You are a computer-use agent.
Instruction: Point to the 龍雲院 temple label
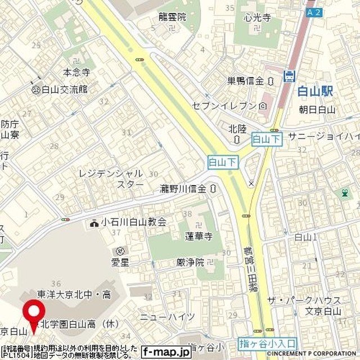(172, 17)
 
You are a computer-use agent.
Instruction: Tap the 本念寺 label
(76, 72)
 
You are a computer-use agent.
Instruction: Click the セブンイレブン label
(224, 105)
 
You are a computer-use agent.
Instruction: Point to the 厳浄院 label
(190, 262)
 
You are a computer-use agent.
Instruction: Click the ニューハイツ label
(167, 317)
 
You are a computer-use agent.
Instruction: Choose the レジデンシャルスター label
(111, 178)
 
